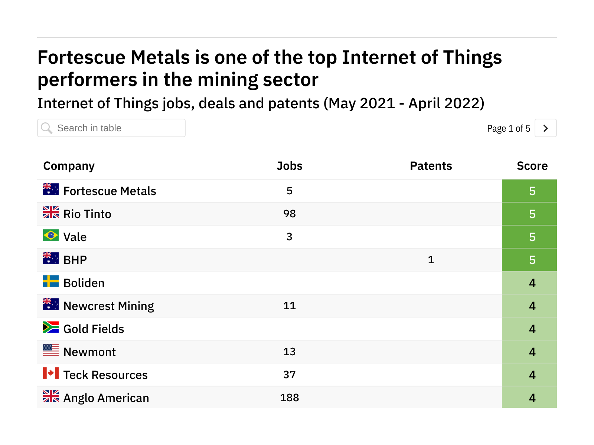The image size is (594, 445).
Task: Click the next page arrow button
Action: (x=545, y=128)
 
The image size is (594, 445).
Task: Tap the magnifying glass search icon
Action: (x=47, y=128)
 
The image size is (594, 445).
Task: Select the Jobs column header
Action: (x=289, y=166)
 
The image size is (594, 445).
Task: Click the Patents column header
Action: (x=431, y=166)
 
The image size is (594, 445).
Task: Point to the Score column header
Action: (x=532, y=166)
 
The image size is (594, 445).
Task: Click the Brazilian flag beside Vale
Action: (x=51, y=235)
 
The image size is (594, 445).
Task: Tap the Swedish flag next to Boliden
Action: (x=51, y=281)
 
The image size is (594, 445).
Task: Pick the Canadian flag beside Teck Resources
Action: (x=51, y=373)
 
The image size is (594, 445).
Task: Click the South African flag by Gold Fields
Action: (x=51, y=327)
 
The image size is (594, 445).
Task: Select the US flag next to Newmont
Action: (x=51, y=350)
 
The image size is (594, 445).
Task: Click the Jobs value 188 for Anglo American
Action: (x=289, y=398)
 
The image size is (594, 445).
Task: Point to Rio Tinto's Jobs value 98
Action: (x=289, y=214)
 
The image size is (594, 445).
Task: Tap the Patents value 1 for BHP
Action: (x=431, y=260)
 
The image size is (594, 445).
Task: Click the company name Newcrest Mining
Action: (x=108, y=306)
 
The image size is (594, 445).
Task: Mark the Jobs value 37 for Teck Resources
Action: (x=289, y=375)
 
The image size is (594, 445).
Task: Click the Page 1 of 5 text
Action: (x=508, y=129)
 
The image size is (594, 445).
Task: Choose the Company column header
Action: (x=69, y=166)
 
